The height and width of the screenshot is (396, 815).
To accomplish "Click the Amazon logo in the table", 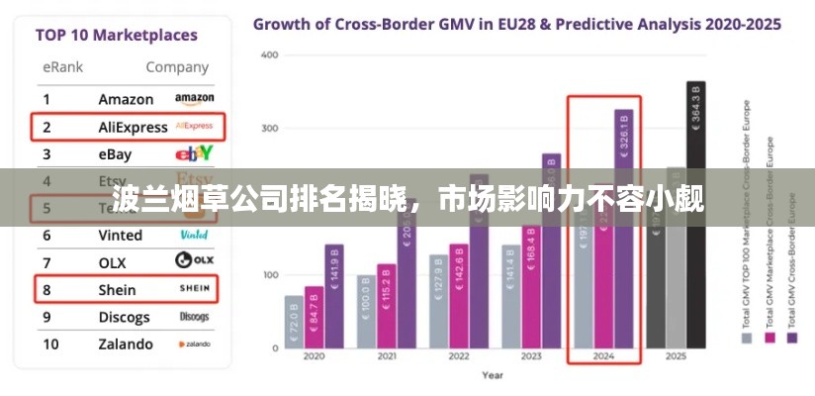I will tap(194, 99).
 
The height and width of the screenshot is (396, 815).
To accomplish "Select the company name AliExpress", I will tap(134, 127).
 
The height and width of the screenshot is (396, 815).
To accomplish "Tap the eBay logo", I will tap(194, 153).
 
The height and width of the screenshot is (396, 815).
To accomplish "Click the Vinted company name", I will tap(120, 236).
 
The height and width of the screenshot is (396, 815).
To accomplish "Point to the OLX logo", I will tap(194, 261).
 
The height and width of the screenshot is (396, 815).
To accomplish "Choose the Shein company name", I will tap(117, 290).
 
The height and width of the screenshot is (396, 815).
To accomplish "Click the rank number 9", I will tap(45, 317).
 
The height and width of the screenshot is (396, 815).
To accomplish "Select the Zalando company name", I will tap(126, 345).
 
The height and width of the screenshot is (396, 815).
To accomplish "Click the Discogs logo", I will tap(194, 317).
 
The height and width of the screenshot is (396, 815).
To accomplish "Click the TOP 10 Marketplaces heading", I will tap(116, 36).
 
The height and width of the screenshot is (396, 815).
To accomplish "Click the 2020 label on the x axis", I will tap(314, 356).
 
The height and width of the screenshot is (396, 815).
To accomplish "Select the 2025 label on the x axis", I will tap(676, 356).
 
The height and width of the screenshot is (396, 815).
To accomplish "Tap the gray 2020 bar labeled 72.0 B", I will tap(294, 322).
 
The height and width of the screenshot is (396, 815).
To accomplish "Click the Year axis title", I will tap(492, 375).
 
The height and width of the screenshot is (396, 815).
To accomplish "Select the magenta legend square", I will tap(769, 338).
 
